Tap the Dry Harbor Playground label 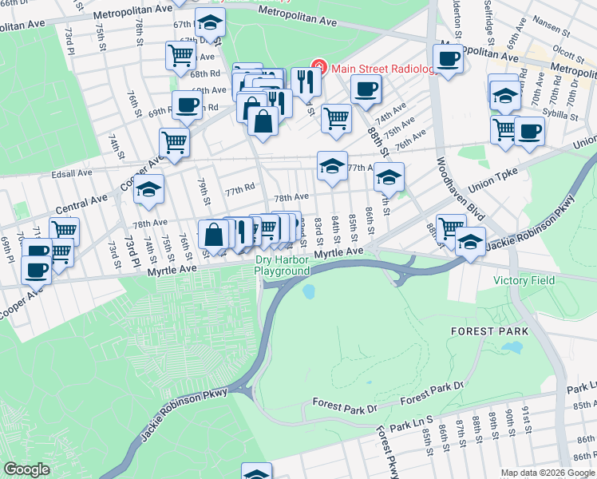(x=282, y=266)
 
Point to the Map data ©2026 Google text (x=548, y=473)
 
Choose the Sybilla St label (x=561, y=115)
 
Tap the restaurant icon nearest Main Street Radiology (x=306, y=80)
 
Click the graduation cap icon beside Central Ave (x=149, y=188)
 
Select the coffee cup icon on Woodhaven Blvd (x=448, y=57)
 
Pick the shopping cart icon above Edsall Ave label (x=174, y=142)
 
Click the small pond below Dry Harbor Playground (x=308, y=291)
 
